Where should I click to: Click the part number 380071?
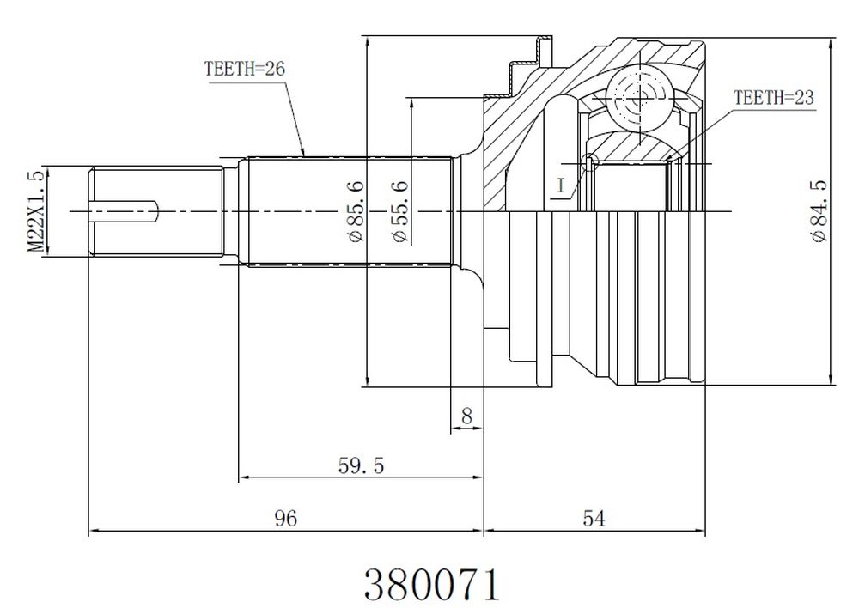pyautogui.click(x=432, y=585)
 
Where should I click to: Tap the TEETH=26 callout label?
pyautogui.click(x=244, y=69)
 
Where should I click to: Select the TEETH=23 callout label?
pyautogui.click(x=774, y=98)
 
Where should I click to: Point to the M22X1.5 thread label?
pyautogui.click(x=36, y=211)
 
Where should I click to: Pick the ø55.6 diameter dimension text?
pyautogui.click(x=400, y=211)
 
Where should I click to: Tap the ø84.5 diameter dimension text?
pyautogui.click(x=819, y=211)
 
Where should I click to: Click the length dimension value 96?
pyautogui.click(x=286, y=518)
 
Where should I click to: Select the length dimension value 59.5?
pyautogui.click(x=361, y=466)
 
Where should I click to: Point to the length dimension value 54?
pyautogui.click(x=594, y=518)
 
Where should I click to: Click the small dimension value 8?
pyautogui.click(x=466, y=416)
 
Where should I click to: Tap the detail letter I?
pyautogui.click(x=560, y=185)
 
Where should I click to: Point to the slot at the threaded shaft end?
pyautogui.click(x=124, y=211)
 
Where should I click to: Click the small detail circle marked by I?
pyautogui.click(x=591, y=162)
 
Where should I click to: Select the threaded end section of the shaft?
pyautogui.click(x=155, y=211)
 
